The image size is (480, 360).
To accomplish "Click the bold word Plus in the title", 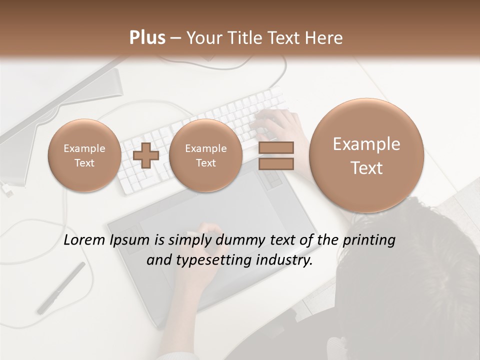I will tap(147, 38).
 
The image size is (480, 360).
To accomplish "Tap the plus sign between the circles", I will tap(145, 155).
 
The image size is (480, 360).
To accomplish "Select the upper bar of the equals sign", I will tap(276, 147).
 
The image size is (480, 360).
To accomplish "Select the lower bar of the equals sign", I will tap(276, 163).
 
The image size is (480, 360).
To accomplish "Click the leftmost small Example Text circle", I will tap(84, 155).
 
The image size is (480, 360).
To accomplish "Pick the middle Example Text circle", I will tap(205, 155).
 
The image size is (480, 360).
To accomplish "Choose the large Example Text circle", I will tap(366, 155).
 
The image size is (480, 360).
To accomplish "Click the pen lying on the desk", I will tap(61, 288).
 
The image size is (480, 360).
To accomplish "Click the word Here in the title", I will tap(325, 38).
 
